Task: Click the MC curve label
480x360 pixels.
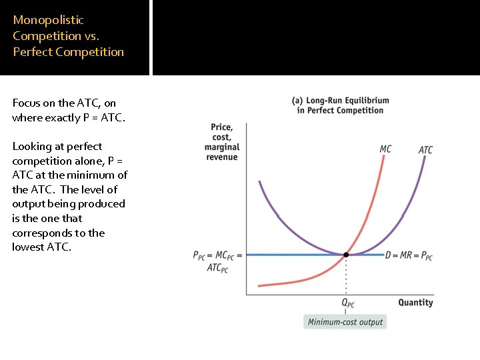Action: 385,149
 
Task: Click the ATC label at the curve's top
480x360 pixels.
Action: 425,150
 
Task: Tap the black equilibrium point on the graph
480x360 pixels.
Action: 346,255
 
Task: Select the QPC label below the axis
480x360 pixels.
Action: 348,303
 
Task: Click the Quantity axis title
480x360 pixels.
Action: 415,303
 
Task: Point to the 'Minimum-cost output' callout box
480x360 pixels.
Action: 345,322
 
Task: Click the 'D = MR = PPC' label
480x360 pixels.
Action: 409,255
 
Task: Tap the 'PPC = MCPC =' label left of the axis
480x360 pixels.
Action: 217,255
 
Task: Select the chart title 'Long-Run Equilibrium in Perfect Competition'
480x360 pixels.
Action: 341,105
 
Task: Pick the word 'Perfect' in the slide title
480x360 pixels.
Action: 32,52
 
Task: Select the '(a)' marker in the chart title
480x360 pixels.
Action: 297,101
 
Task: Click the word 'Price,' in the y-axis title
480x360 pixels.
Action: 222,127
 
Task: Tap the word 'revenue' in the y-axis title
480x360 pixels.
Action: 222,157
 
